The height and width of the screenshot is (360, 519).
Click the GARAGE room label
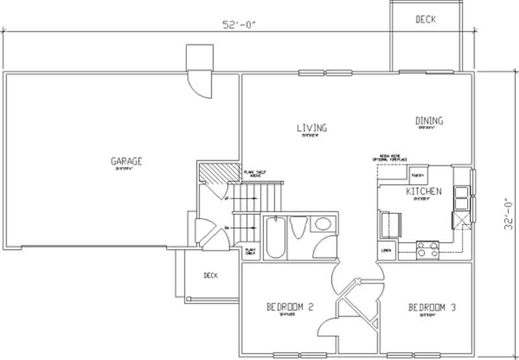tap(126, 162)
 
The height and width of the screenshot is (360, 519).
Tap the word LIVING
tap(312, 128)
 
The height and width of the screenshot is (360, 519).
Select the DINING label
tap(429, 121)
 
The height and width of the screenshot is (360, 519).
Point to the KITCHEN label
tap(424, 191)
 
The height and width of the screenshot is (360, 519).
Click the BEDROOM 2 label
tap(290, 307)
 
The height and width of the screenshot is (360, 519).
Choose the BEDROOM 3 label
tap(431, 307)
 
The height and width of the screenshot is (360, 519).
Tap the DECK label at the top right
tap(426, 19)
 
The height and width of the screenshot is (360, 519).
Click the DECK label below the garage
tap(210, 276)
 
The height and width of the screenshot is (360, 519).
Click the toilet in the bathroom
tap(299, 228)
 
